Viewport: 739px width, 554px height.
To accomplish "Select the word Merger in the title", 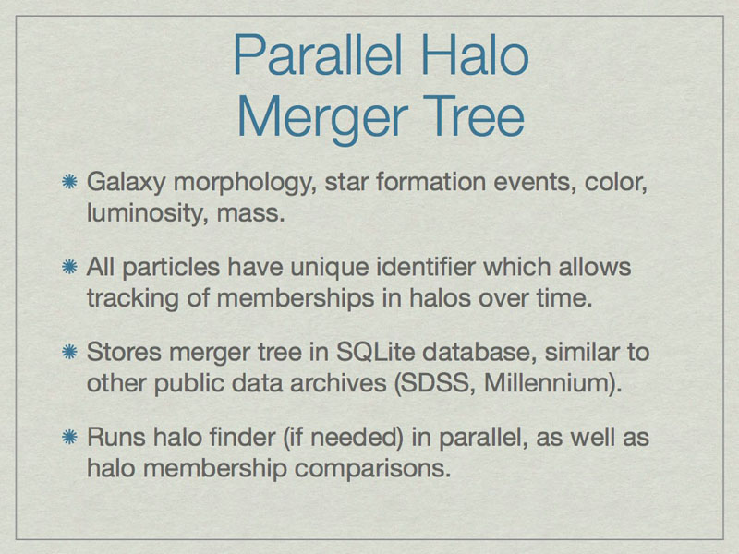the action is click(x=322, y=120).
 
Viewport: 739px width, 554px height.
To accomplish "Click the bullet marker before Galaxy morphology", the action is click(x=70, y=182).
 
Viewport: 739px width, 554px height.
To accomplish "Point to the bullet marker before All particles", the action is click(x=70, y=267).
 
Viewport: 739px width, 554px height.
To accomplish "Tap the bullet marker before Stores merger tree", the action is click(x=70, y=352).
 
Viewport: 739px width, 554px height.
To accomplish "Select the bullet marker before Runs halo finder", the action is click(x=70, y=437).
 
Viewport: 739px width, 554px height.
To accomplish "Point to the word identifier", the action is click(x=426, y=267).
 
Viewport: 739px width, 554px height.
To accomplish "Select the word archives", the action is click(x=338, y=383).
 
